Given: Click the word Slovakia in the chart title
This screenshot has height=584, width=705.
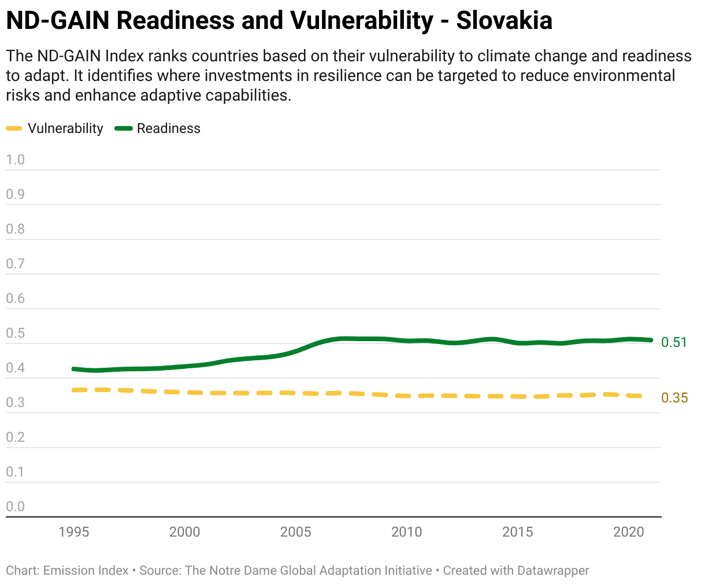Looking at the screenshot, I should [x=504, y=21].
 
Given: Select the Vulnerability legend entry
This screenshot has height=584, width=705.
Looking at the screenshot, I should [x=65, y=128].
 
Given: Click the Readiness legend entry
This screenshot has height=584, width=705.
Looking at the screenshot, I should [x=168, y=128].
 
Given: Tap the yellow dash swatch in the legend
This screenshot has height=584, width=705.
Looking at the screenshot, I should [x=14, y=128].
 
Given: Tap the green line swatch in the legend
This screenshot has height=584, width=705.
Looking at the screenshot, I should [x=124, y=128].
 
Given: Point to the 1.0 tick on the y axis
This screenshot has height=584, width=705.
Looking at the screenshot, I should [x=16, y=160].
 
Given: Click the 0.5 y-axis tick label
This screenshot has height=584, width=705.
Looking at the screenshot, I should [x=16, y=333].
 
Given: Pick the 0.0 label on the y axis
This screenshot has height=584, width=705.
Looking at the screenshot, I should [x=16, y=507].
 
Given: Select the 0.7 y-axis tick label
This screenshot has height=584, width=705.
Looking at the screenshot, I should [x=16, y=264].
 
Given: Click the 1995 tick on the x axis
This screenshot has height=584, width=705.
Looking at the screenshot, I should [x=74, y=531].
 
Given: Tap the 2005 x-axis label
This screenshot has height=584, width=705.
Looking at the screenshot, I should [x=296, y=531].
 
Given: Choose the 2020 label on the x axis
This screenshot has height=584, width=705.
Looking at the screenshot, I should [x=629, y=531].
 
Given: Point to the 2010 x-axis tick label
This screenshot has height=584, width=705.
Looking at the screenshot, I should [x=407, y=531].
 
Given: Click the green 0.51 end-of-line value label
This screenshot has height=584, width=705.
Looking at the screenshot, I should [x=674, y=342].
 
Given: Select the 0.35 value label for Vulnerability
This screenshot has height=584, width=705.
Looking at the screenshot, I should [x=674, y=398].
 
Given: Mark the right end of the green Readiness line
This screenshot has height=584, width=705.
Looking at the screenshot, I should [x=651, y=340].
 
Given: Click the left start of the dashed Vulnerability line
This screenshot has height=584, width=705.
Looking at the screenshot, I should [x=74, y=390].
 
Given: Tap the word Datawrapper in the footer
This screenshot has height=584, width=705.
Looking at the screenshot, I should [x=553, y=571].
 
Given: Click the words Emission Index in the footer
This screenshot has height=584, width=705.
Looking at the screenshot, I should [x=86, y=571].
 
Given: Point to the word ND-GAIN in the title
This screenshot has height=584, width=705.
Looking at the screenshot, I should [x=57, y=21].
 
